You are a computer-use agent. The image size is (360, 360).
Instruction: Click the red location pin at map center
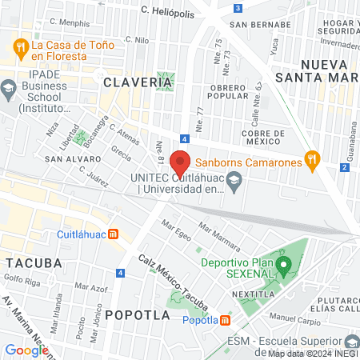pyautogui.click(x=180, y=161)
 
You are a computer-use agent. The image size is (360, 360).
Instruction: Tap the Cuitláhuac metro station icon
pyautogui.click(x=114, y=234)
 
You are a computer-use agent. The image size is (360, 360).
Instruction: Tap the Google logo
pyautogui.click(x=27, y=350)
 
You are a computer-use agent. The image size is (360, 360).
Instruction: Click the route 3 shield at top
pyautogui.click(x=239, y=8)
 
